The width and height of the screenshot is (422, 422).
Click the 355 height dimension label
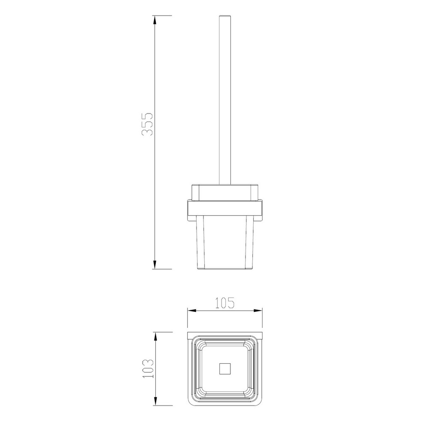coord(147,124)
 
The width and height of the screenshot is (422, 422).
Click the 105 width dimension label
coord(225,303)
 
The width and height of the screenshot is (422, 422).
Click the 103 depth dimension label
coord(148,368)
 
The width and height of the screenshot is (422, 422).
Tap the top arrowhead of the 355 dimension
coord(155,20)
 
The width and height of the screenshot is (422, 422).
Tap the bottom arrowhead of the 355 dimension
coord(155,265)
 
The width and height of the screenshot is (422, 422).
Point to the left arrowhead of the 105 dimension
coord(192,311)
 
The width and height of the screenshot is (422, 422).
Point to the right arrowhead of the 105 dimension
coord(258,311)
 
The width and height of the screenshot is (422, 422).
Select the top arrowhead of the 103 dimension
coord(155,336)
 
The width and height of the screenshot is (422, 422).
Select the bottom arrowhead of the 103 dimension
coord(155,401)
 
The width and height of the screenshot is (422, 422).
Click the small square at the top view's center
coord(225,368)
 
